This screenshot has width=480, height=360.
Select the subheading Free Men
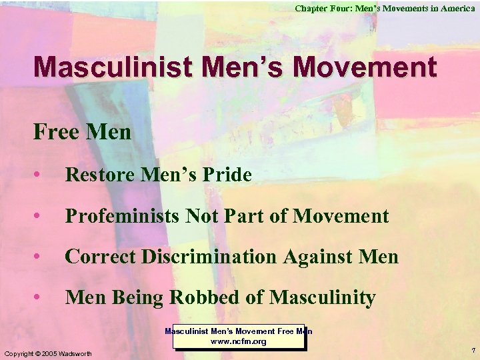[x=82, y=132]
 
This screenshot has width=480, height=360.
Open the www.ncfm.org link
[x=239, y=341]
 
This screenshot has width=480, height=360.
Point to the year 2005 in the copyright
[x=50, y=353]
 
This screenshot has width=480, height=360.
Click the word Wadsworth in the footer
[x=77, y=353]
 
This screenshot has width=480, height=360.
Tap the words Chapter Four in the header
[x=323, y=8]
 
